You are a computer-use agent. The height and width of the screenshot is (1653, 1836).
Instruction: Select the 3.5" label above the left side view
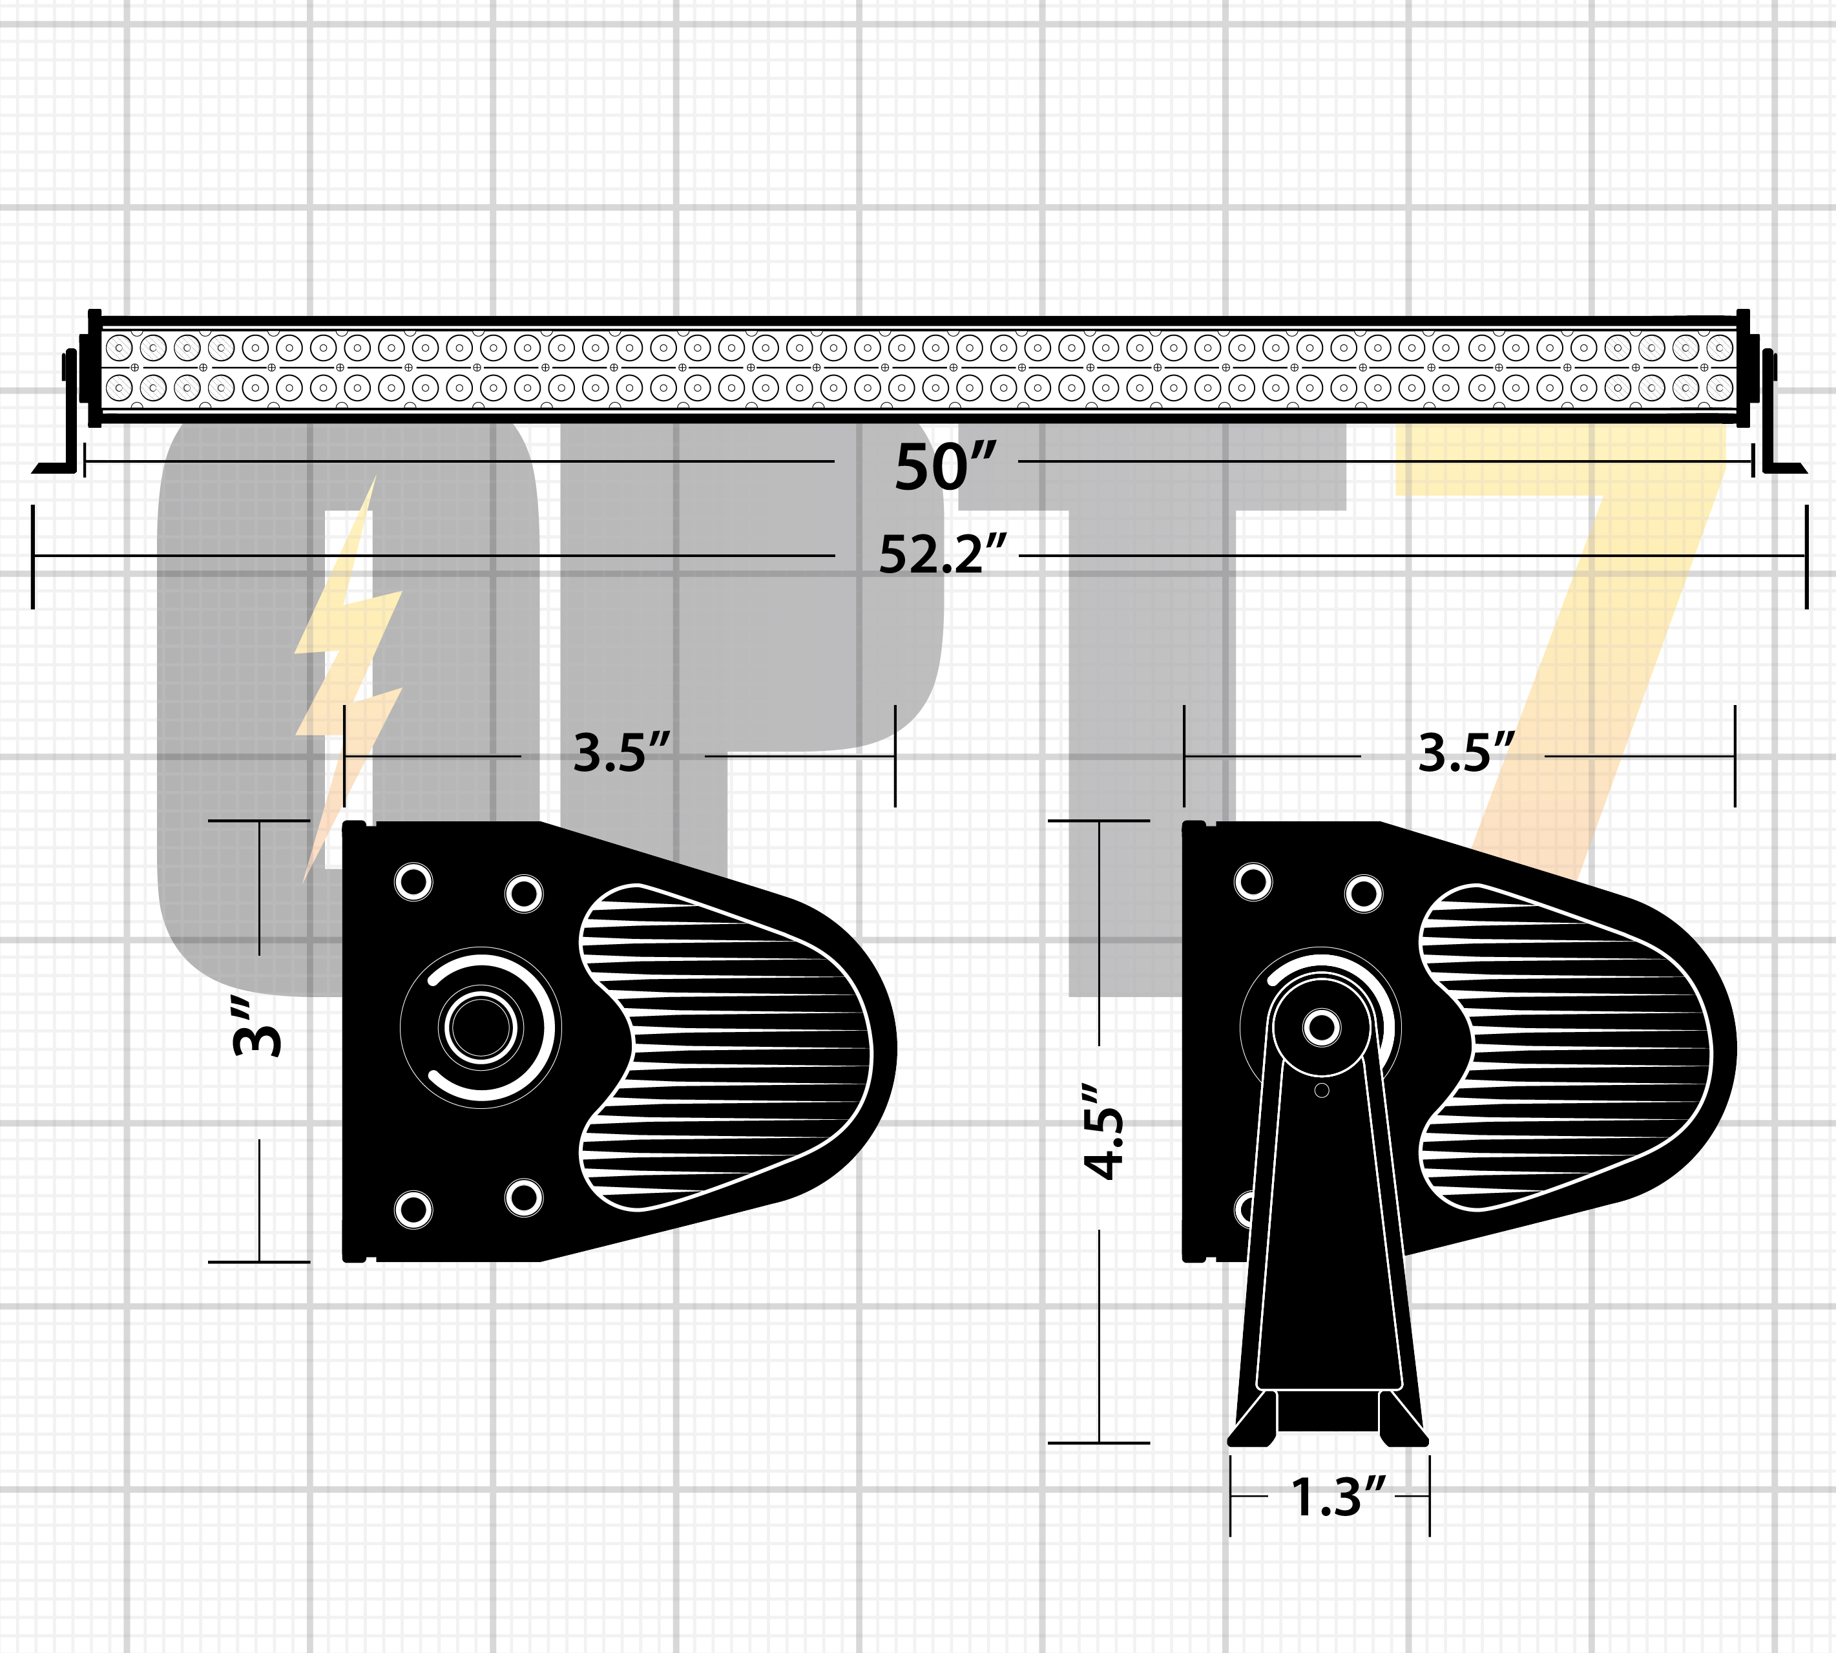pos(622,752)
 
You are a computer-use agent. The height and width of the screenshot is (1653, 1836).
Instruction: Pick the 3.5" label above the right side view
pos(1466,752)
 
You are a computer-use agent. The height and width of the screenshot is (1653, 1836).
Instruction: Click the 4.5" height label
pos(1104,1132)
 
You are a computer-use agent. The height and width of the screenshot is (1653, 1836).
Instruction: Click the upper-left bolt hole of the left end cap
pos(413,881)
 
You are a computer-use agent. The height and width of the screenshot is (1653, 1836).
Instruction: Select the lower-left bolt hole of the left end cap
pos(413,1210)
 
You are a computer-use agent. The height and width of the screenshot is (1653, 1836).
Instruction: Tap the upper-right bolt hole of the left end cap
pos(524,894)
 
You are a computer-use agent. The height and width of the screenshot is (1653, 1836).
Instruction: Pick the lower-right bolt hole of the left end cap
pos(524,1197)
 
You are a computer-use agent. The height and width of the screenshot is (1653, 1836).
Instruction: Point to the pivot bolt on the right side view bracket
pos(1321,1028)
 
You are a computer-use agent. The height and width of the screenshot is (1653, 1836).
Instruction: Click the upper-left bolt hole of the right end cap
pos(1254,881)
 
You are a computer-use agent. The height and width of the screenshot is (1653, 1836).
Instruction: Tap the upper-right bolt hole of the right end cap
pos(1364,894)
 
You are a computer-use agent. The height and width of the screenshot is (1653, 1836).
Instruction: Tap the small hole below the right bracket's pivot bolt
pos(1322,1090)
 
